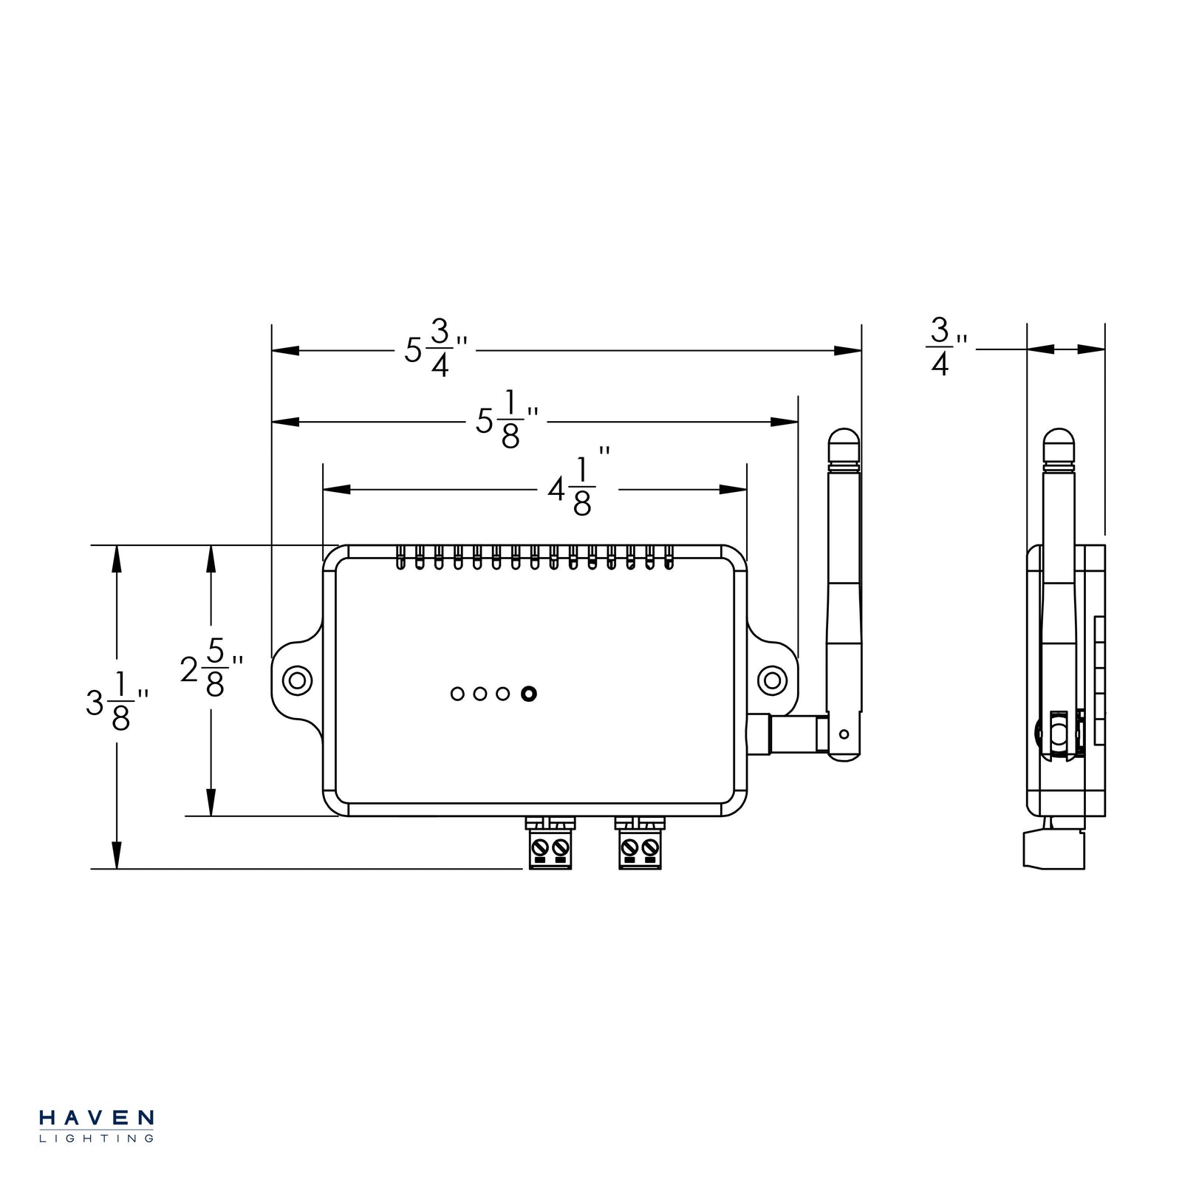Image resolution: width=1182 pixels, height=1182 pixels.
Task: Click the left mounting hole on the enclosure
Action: (297, 680)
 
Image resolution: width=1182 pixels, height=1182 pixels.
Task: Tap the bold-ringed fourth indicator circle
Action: (528, 694)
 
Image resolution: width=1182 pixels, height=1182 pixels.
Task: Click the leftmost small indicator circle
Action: (457, 694)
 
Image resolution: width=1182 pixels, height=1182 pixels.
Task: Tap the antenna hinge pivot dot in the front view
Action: (844, 734)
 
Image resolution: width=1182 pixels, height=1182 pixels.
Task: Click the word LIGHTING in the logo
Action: (96, 1138)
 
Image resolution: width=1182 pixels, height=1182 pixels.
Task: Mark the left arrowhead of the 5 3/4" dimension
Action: (285, 350)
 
